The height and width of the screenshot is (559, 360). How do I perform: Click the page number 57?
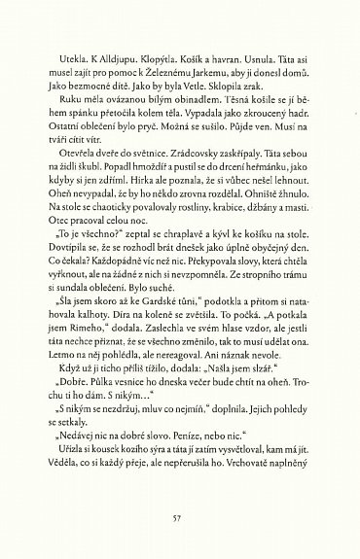pyautogui.click(x=177, y=518)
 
